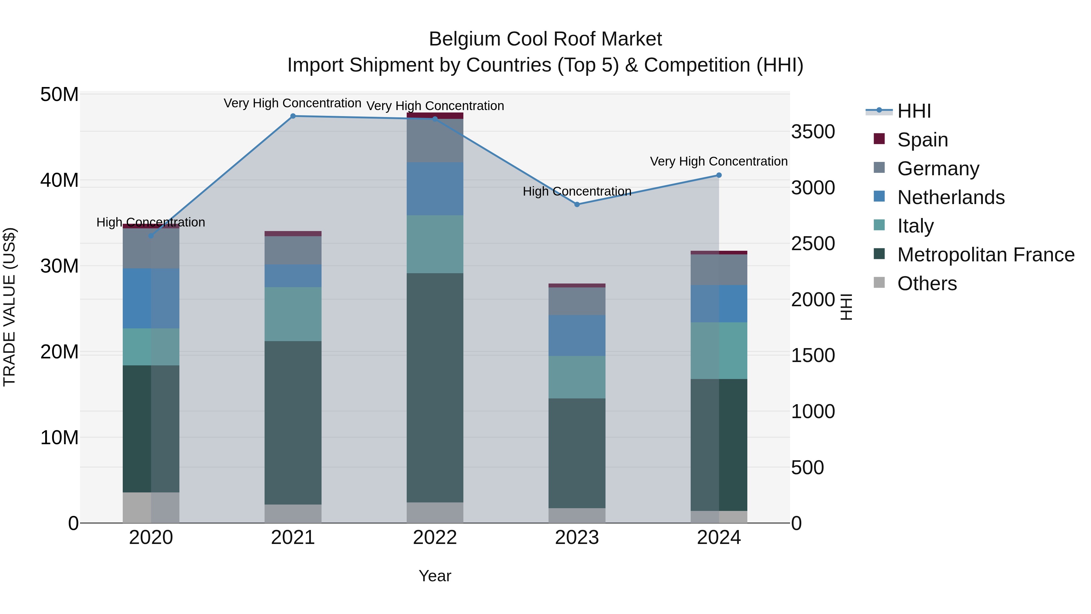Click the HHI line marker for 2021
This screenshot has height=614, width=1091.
(x=293, y=116)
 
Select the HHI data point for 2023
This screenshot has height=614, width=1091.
(x=577, y=204)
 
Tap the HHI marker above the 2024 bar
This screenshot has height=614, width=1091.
(x=719, y=175)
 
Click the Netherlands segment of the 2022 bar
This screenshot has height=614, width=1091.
(x=435, y=189)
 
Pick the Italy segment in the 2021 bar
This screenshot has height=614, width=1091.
(x=293, y=314)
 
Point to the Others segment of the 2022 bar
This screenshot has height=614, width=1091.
(x=435, y=512)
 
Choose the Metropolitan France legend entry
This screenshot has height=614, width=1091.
(x=986, y=255)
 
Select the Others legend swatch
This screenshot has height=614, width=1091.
(x=879, y=283)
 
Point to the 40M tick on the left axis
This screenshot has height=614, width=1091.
(x=59, y=180)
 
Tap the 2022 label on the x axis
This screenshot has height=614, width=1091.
(x=435, y=538)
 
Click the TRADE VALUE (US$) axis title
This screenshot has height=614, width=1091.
(x=9, y=307)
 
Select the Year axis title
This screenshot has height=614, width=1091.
(x=435, y=576)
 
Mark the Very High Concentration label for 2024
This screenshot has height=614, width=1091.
(x=719, y=161)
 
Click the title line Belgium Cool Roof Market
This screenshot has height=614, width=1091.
(x=545, y=39)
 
